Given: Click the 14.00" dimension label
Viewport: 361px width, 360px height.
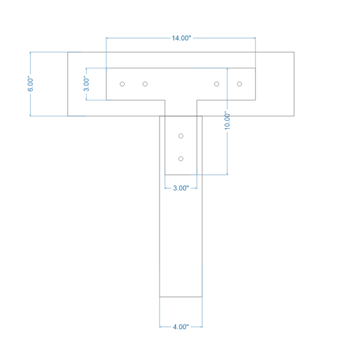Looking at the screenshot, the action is pos(181,38).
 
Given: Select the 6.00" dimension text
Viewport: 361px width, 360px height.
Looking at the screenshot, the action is pos(30,84).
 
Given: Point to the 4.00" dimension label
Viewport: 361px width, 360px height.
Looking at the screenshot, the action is pos(180,326).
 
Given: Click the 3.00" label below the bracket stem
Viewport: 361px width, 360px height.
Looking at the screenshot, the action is pos(180,188).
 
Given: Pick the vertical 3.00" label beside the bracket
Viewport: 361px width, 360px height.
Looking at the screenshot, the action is pos(86,84).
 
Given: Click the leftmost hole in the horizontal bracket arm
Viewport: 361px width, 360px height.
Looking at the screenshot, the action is pos(122,84).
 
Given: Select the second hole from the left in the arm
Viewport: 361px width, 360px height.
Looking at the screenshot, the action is pos(145,84).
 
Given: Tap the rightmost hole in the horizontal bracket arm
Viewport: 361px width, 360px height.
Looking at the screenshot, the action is pos(240,84).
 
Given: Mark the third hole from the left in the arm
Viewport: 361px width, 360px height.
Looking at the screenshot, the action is pos(217,84).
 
